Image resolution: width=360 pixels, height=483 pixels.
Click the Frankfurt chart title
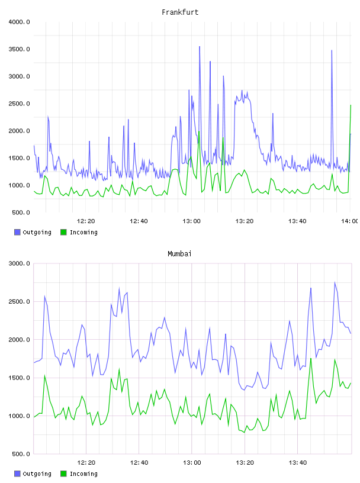[x=180, y=12]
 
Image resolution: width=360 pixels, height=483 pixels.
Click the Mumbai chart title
[x=179, y=254]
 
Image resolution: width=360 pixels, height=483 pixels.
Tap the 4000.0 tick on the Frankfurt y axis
[x=20, y=22]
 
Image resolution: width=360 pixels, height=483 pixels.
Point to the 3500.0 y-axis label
[x=20, y=49]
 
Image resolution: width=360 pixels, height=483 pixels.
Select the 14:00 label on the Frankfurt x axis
[x=350, y=221]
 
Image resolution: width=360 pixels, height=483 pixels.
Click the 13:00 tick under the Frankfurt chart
[x=191, y=221]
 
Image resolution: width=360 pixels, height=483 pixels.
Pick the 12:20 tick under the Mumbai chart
[x=86, y=463]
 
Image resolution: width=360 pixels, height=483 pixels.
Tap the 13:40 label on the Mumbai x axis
[x=298, y=463]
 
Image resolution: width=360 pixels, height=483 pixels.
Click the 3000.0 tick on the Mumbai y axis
[x=20, y=263]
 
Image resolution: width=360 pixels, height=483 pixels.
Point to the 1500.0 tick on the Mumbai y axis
[x=20, y=378]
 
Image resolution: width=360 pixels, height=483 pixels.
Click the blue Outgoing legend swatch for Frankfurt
[x=17, y=232]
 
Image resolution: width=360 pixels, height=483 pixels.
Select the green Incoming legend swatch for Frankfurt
[x=63, y=232]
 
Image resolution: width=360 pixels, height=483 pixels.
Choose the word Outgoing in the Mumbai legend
[x=37, y=474]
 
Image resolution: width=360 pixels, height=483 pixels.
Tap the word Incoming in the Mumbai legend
[x=83, y=474]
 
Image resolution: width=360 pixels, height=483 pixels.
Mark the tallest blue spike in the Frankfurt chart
[x=200, y=47]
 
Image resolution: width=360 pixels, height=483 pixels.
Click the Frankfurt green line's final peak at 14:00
[x=351, y=105]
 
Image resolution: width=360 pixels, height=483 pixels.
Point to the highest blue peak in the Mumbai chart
[x=335, y=282]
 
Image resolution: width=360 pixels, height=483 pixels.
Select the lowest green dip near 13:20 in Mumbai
[x=245, y=433]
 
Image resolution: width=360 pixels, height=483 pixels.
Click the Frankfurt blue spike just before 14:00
[x=332, y=50]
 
